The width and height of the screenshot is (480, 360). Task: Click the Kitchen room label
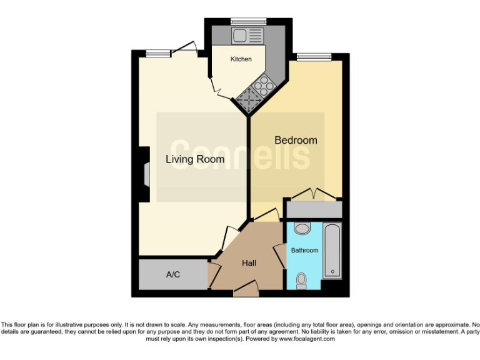(241, 59)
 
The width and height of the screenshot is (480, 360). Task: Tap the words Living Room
(194, 159)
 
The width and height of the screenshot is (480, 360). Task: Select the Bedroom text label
(296, 140)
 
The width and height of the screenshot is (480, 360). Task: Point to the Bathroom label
(304, 250)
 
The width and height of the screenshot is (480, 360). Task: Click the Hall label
(249, 263)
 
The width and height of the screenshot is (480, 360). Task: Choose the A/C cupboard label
(173, 275)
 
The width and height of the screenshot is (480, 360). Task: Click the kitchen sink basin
(241, 36)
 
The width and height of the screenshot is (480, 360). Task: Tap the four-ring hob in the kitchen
(263, 85)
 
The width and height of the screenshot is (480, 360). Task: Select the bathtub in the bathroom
(332, 251)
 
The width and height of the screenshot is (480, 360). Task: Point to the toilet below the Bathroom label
(301, 281)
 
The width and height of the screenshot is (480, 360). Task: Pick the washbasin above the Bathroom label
(301, 228)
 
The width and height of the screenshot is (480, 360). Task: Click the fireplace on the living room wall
(145, 174)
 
